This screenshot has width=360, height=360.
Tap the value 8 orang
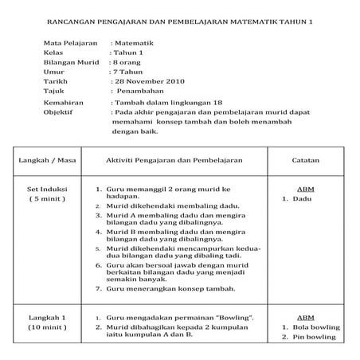click(x=128, y=61)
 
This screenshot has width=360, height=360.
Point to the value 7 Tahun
click(x=129, y=71)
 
